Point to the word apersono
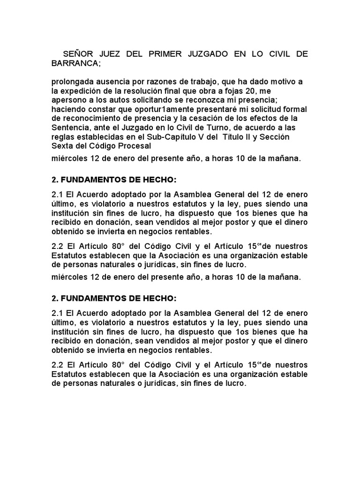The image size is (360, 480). (x=70, y=99)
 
